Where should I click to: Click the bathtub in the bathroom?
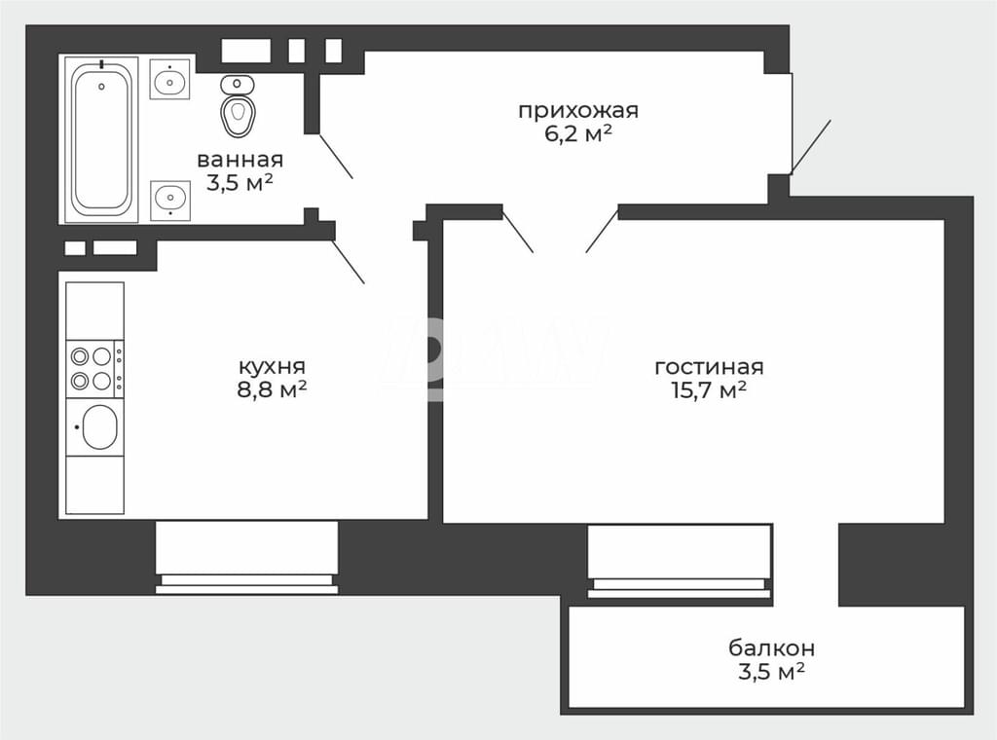(101, 139)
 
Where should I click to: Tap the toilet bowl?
(238, 115)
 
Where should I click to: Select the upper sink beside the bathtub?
(169, 80)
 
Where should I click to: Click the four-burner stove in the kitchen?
(95, 369)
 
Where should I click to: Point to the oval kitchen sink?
(99, 427)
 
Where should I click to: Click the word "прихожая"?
(578, 111)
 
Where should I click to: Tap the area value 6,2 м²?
(578, 133)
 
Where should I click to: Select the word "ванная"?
(240, 160)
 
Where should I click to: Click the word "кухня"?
(272, 367)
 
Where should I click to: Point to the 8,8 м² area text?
(272, 389)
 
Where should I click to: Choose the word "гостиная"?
(709, 367)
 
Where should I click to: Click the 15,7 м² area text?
(709, 389)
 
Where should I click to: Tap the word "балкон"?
(771, 648)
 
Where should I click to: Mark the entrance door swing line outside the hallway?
(811, 147)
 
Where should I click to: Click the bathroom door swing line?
(335, 156)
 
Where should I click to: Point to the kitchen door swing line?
(349, 261)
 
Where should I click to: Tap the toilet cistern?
(238, 84)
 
